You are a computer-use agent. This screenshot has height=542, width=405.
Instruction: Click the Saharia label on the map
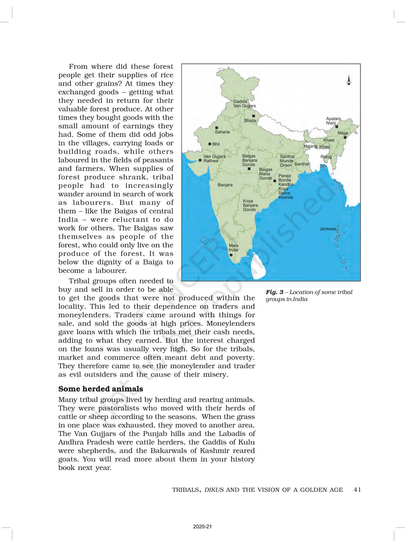(222, 132)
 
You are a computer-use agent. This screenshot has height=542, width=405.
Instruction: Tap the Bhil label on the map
(216, 144)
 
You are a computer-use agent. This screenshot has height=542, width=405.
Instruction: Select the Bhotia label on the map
(250, 121)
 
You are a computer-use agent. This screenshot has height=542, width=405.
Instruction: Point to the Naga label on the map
(343, 133)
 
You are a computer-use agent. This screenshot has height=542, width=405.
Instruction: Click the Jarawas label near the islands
(328, 229)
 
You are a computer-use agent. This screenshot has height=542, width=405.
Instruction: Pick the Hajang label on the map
(311, 146)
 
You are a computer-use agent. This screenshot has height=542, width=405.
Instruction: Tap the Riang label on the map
(326, 157)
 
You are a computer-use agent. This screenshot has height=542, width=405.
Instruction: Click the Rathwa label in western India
(211, 161)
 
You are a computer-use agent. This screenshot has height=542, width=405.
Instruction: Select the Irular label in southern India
(234, 250)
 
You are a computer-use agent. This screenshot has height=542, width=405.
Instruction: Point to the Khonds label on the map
(286, 197)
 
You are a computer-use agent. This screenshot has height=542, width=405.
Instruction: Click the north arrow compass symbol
(349, 80)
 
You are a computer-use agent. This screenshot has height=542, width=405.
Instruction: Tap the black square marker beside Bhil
(210, 144)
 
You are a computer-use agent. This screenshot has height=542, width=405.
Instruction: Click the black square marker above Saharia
(217, 127)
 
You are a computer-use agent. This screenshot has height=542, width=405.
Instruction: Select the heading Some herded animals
(101, 389)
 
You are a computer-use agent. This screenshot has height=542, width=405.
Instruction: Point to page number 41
(357, 490)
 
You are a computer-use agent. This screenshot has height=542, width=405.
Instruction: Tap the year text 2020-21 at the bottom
(203, 527)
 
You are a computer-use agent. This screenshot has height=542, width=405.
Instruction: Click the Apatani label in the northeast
(333, 119)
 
